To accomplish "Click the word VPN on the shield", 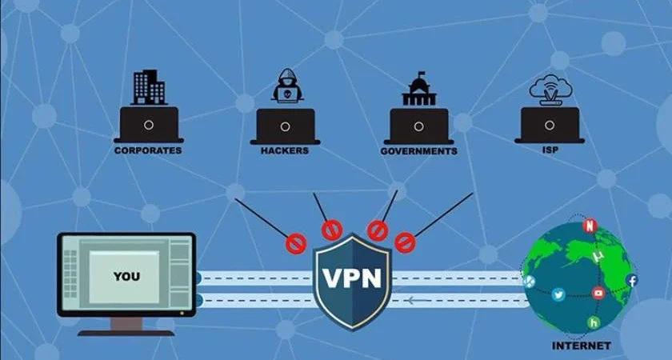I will pyautogui.click(x=352, y=278).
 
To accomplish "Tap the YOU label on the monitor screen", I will pyautogui.click(x=126, y=277).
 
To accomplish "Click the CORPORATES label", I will pyautogui.click(x=148, y=150).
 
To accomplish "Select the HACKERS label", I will pyautogui.click(x=285, y=150).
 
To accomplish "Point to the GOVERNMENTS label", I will pyautogui.click(x=419, y=150).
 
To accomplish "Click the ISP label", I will pyautogui.click(x=549, y=148).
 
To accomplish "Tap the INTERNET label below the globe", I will pyautogui.click(x=582, y=346).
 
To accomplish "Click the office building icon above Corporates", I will pyautogui.click(x=149, y=87).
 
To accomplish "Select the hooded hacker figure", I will pyautogui.click(x=286, y=86).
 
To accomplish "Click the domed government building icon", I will pyautogui.click(x=419, y=88).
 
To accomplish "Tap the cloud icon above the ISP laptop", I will pyautogui.click(x=550, y=86).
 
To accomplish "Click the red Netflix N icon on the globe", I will pyautogui.click(x=590, y=226).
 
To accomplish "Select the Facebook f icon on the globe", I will pyautogui.click(x=632, y=280).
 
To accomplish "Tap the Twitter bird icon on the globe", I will pyautogui.click(x=558, y=294).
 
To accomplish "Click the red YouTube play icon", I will pyautogui.click(x=598, y=293).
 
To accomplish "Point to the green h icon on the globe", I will pyautogui.click(x=593, y=322).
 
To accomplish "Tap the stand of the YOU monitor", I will pyautogui.click(x=126, y=324).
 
